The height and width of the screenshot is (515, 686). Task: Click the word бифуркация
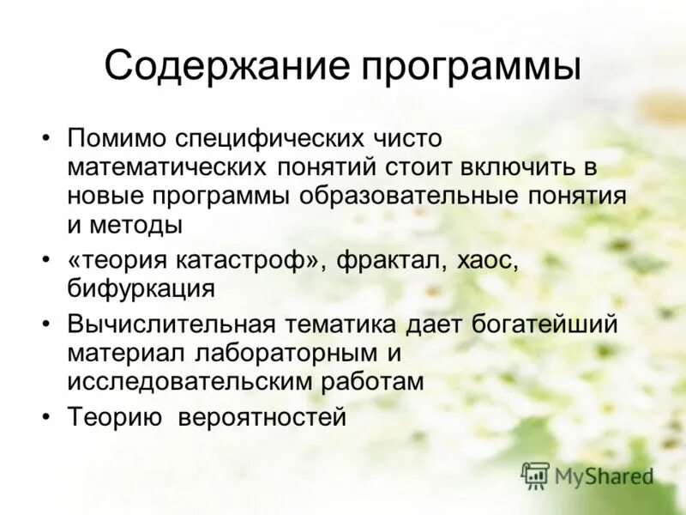pos(141,288)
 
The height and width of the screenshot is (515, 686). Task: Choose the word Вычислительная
pos(171,324)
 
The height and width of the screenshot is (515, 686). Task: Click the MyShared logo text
pos(604,475)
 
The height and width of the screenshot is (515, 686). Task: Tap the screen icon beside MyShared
pos(536,475)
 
